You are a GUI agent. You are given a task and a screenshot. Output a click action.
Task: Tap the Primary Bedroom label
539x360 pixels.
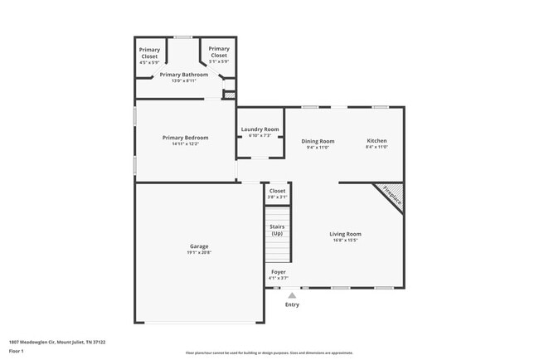click(185, 138)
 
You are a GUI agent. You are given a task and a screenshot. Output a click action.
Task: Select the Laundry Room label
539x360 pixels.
click(260, 129)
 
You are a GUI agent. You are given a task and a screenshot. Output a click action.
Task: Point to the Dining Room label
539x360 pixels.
click(318, 141)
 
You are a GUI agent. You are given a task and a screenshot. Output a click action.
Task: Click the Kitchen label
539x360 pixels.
click(376, 141)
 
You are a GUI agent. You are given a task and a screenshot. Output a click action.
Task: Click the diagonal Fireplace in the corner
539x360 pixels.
click(391, 197)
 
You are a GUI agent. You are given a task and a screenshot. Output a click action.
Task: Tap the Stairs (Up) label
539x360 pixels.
click(278, 230)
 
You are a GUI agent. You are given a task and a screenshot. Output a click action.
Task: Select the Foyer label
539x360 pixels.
click(279, 271)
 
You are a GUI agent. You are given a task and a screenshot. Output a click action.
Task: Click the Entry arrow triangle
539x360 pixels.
click(291, 294)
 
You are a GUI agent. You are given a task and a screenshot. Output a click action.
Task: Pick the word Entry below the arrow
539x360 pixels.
click(292, 304)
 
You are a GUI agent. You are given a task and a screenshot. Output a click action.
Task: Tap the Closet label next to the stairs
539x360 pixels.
click(277, 191)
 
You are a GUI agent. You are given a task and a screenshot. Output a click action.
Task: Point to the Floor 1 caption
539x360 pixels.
click(17, 351)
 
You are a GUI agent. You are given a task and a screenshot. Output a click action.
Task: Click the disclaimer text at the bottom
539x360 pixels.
click(269, 352)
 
